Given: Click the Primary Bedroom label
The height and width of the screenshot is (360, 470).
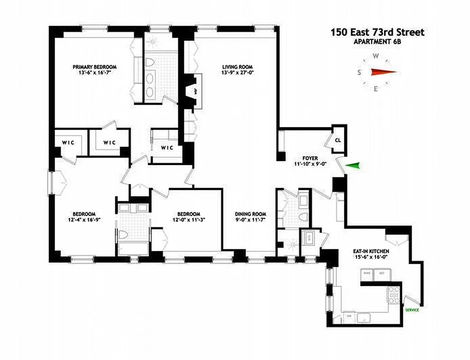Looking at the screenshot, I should coord(91,67).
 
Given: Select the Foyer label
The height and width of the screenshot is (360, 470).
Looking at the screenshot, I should coord(310,158).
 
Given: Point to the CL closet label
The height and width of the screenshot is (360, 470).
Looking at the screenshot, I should coord(338,140).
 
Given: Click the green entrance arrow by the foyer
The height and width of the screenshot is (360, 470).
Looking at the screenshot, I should coord(355,166).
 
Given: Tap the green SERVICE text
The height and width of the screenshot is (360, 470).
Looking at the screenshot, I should coord(412,310).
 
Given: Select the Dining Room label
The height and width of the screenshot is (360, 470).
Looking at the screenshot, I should coord(251,214).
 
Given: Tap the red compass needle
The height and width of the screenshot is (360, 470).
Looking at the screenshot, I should coord(383,72).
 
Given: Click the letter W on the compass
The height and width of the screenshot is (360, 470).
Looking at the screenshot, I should coord(375,56).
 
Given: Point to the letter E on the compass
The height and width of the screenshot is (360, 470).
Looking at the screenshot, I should coord(375,89).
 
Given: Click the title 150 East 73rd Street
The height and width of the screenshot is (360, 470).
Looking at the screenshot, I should coord(377,32).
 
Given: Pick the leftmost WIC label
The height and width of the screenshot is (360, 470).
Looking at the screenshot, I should coord(68,143).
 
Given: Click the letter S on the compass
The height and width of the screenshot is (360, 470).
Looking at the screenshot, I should coord(360,72).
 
